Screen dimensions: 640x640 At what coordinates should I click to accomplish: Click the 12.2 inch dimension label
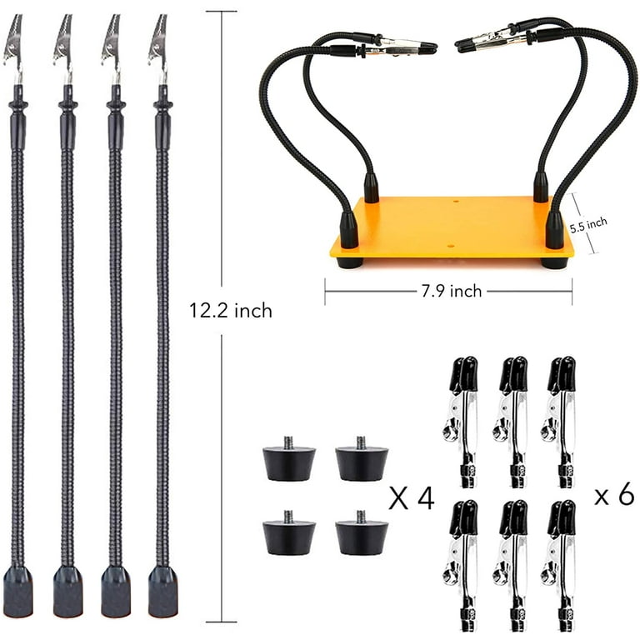point(231,311)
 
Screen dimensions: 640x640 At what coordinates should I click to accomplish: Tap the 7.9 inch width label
point(452,291)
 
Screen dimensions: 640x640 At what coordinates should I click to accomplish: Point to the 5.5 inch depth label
point(588,225)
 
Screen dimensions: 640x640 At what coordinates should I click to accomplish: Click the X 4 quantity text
point(412,498)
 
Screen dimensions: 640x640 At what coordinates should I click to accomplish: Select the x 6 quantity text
point(614,494)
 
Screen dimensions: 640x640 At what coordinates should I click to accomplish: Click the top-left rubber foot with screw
point(289,458)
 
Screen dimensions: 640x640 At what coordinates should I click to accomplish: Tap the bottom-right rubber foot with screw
point(362,532)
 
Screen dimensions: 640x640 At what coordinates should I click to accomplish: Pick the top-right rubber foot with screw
point(362,458)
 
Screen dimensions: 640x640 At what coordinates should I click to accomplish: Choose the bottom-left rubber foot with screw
point(289,532)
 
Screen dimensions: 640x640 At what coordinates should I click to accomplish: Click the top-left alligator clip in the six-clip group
point(462,422)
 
